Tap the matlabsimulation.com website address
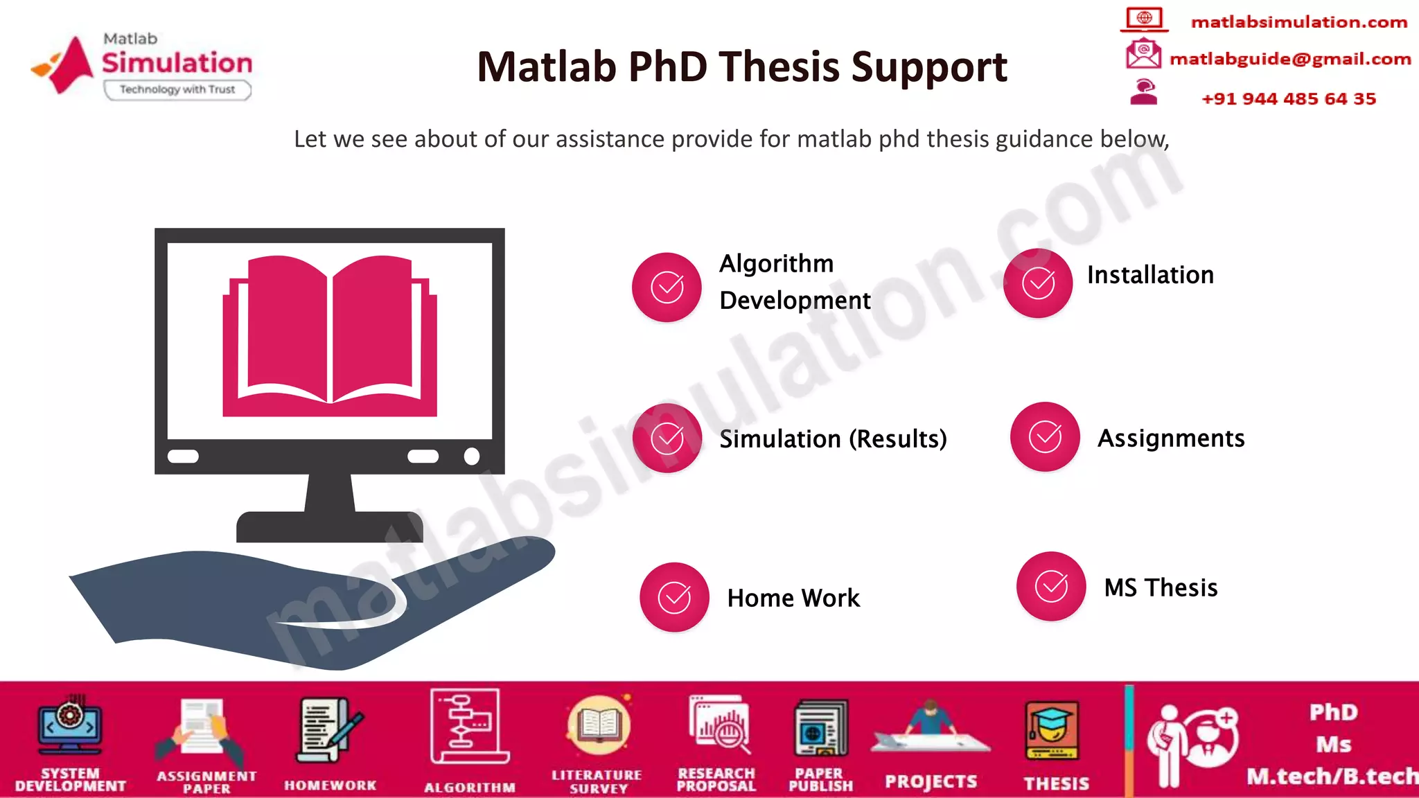click(x=1298, y=22)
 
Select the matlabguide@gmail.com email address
click(x=1290, y=59)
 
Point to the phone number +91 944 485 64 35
click(x=1289, y=98)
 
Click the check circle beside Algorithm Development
click(x=667, y=287)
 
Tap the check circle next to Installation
click(x=1038, y=283)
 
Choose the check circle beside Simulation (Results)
click(x=667, y=438)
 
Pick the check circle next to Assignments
click(x=1045, y=436)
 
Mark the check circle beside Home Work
click(x=674, y=597)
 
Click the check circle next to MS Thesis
click(x=1051, y=586)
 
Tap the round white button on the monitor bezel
click(x=472, y=456)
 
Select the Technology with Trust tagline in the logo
click(x=177, y=89)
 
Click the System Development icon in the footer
click(x=70, y=726)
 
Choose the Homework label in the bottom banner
click(x=330, y=785)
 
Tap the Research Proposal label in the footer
click(x=716, y=779)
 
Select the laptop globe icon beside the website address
click(x=1144, y=18)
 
